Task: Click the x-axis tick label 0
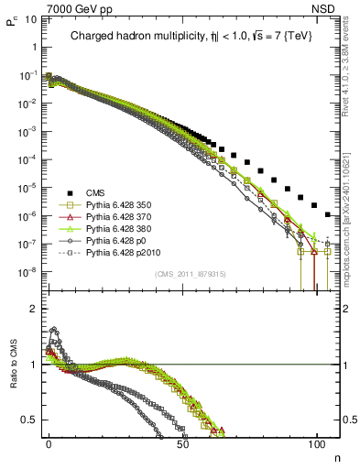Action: (x=49, y=442)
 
